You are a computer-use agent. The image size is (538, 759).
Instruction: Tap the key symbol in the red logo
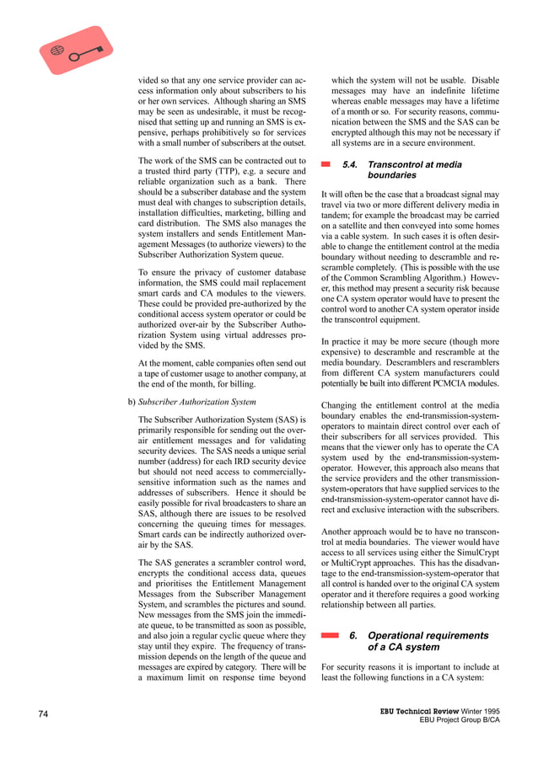coord(85,53)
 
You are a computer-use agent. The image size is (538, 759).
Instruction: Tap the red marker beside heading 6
coord(330,636)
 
